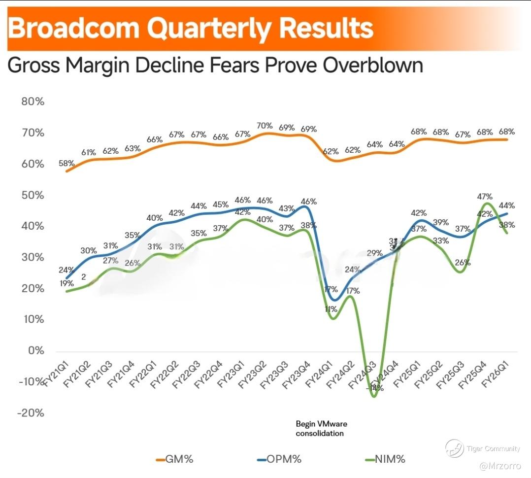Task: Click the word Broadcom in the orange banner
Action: (x=74, y=29)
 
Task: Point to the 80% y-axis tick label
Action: (x=33, y=102)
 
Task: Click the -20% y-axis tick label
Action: (x=31, y=413)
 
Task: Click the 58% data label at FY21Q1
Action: (x=66, y=163)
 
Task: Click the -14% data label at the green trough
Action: (x=375, y=388)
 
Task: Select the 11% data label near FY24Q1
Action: (x=330, y=309)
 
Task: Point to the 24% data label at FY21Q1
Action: (x=66, y=270)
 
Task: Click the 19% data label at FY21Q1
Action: (x=66, y=283)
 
